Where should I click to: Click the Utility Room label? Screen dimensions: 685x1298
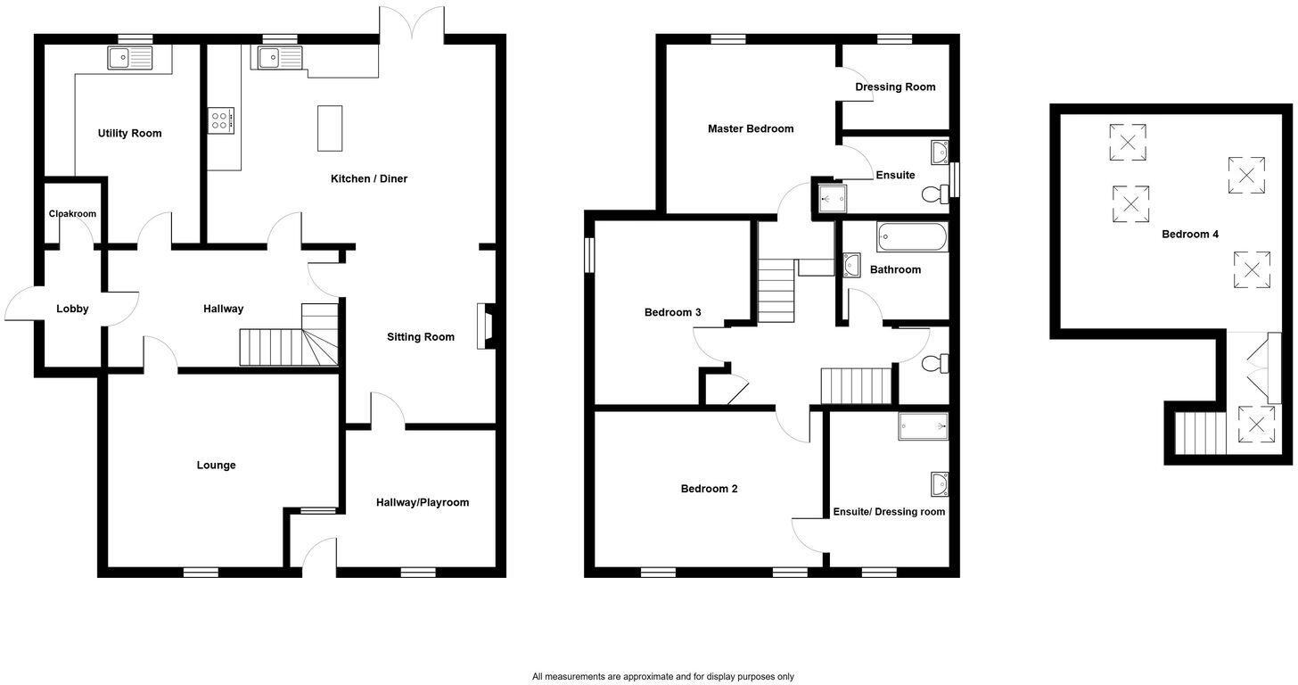pos(129,134)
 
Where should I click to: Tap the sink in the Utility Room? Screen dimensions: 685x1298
pos(130,58)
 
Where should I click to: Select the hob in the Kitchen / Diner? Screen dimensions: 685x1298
pos(221,120)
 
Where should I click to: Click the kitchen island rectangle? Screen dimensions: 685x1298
pos(330,128)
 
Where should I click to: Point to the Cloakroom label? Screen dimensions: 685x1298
pos(72,214)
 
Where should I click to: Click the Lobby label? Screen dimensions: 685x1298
pos(72,309)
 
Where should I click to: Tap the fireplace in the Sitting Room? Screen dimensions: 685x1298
pos(486,325)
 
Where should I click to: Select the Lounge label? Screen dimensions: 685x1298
pos(216,466)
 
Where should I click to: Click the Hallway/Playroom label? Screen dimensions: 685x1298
pos(422,503)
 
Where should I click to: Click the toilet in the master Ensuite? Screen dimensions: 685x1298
pos(934,194)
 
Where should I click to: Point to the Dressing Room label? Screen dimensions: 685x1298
pos(895,87)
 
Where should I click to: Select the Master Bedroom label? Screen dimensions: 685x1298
pos(751,129)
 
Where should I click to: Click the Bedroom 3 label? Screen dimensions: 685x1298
pos(672,313)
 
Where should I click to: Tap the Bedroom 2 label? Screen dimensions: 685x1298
pos(709,489)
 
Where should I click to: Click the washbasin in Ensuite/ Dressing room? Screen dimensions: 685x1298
pos(939,483)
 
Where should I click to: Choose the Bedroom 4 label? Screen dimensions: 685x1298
pos(1189,235)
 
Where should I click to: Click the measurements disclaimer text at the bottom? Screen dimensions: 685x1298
pos(662,677)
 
